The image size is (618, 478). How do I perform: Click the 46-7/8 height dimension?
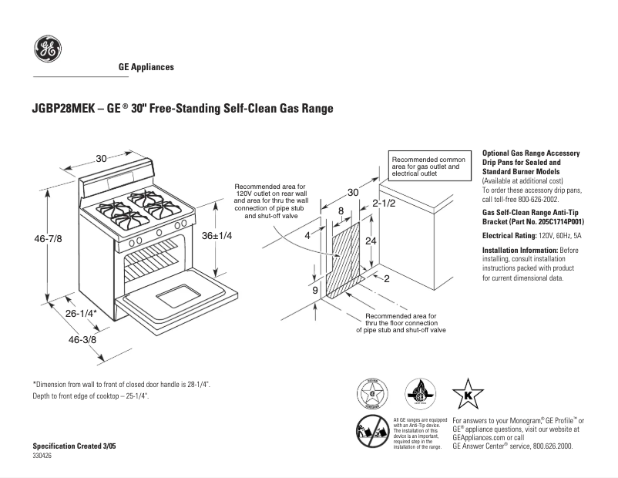(x=47, y=239)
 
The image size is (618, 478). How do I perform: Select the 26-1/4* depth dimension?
(x=80, y=314)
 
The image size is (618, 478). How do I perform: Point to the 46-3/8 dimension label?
(x=82, y=340)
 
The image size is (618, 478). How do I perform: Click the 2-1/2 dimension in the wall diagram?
(x=383, y=204)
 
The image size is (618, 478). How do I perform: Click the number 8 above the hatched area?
(x=341, y=210)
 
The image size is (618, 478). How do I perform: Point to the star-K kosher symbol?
(x=467, y=394)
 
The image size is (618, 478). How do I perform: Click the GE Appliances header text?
(x=146, y=67)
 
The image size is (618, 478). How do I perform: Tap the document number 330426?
(x=42, y=456)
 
